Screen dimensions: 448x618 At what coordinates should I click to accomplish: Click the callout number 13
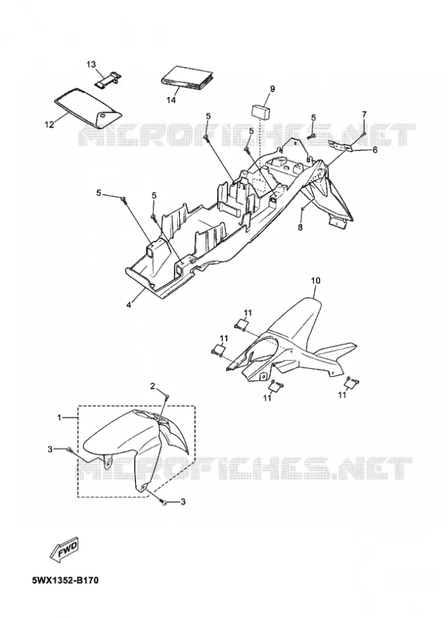click(x=91, y=65)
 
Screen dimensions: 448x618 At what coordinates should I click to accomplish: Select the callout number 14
click(x=171, y=100)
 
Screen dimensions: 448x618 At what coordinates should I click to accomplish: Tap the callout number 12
click(x=49, y=125)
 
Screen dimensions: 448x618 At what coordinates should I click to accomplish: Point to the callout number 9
click(x=273, y=89)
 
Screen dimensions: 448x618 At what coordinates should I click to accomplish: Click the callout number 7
click(x=364, y=114)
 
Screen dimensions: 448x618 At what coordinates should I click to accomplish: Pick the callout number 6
click(x=375, y=150)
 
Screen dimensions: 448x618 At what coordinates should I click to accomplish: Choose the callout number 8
click(x=300, y=228)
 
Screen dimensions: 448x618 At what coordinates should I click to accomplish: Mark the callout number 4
click(x=130, y=305)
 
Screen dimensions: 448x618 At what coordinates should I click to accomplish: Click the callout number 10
click(x=316, y=281)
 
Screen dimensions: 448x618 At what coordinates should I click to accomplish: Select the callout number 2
click(x=153, y=385)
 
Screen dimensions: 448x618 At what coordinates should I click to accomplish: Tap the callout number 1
click(x=59, y=417)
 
